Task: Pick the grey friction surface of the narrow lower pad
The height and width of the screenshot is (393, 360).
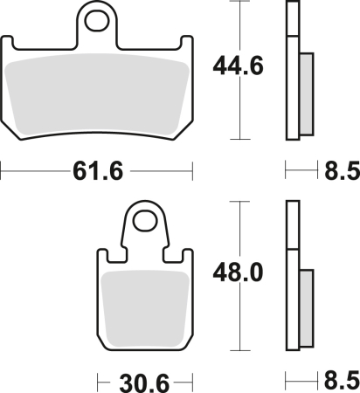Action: pos(145,306)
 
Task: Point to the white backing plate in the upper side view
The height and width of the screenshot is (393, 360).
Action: pos(292,70)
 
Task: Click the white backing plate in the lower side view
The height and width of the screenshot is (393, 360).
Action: pos(292,279)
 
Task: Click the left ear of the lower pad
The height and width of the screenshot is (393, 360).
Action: pos(102,257)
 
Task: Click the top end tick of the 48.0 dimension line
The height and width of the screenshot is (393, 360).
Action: pos(238,202)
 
